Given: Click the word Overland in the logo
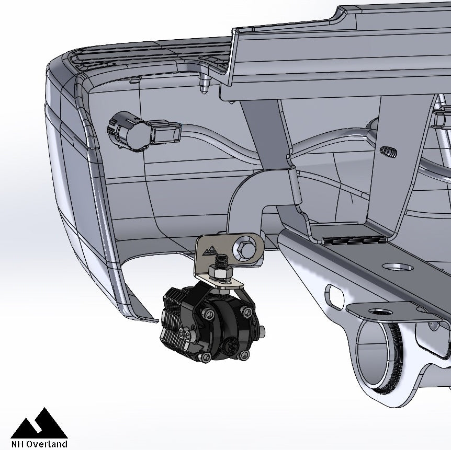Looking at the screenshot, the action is [47, 444].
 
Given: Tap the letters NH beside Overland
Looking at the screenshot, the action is [18, 444].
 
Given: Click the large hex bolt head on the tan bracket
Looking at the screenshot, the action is [244, 247].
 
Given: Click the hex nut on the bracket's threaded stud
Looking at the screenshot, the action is [221, 272].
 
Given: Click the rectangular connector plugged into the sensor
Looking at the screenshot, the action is [166, 132].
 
